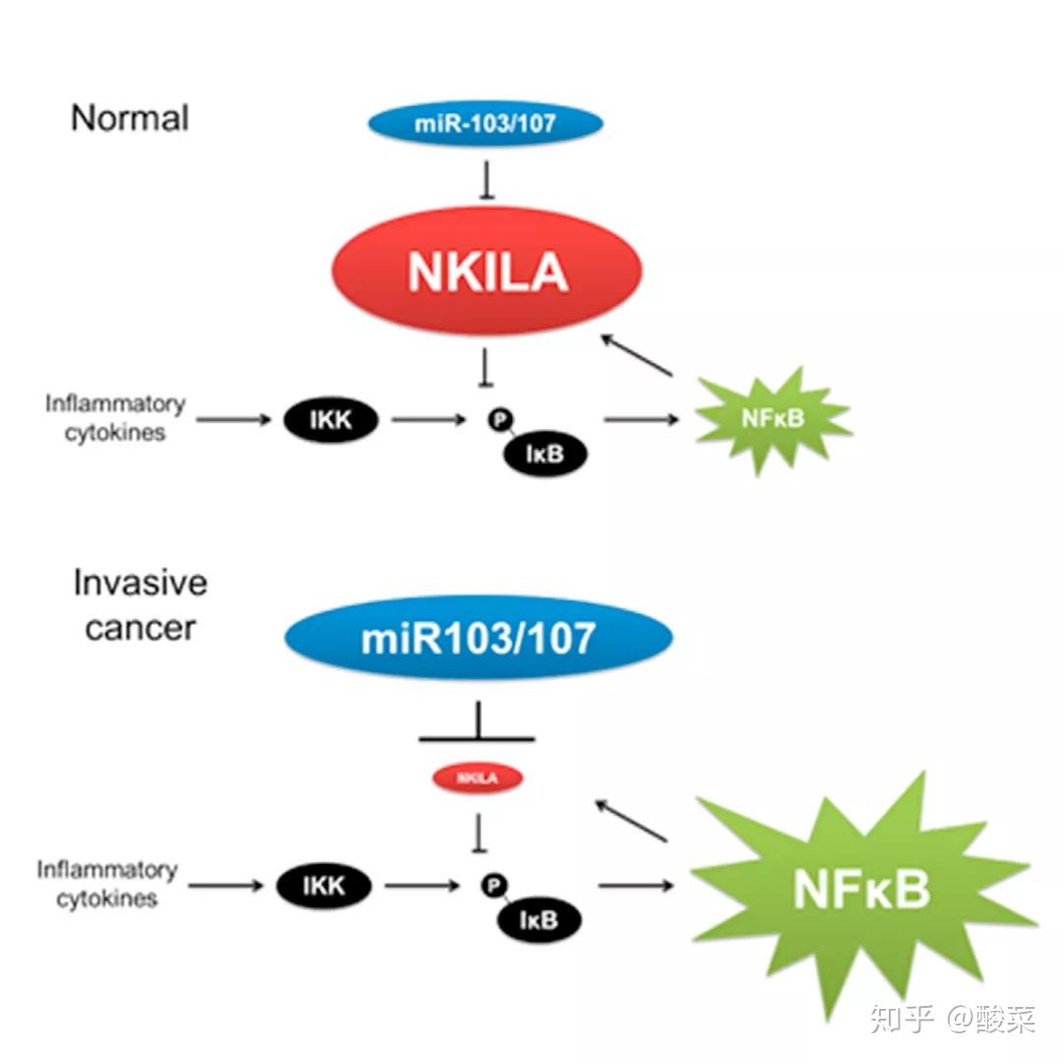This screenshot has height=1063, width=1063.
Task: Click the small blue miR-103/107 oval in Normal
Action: click(x=484, y=124)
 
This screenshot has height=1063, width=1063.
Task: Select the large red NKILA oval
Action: click(x=487, y=270)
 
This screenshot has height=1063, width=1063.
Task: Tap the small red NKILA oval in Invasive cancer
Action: click(x=477, y=779)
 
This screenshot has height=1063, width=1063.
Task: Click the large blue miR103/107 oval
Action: click(x=478, y=638)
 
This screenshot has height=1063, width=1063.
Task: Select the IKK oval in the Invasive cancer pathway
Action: click(x=324, y=886)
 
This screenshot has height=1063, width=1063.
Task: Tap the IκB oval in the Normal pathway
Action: click(x=545, y=456)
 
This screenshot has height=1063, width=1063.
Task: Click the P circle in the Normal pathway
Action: click(x=500, y=420)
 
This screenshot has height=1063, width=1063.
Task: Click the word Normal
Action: click(x=130, y=118)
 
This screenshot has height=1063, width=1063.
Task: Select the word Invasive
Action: click(x=140, y=583)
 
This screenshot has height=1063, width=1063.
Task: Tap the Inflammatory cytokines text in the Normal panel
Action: click(x=115, y=418)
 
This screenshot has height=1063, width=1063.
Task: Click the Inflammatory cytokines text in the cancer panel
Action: click(x=107, y=884)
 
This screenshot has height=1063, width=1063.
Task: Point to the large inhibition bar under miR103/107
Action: click(x=477, y=736)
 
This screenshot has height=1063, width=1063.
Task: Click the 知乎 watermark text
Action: click(x=901, y=1019)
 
